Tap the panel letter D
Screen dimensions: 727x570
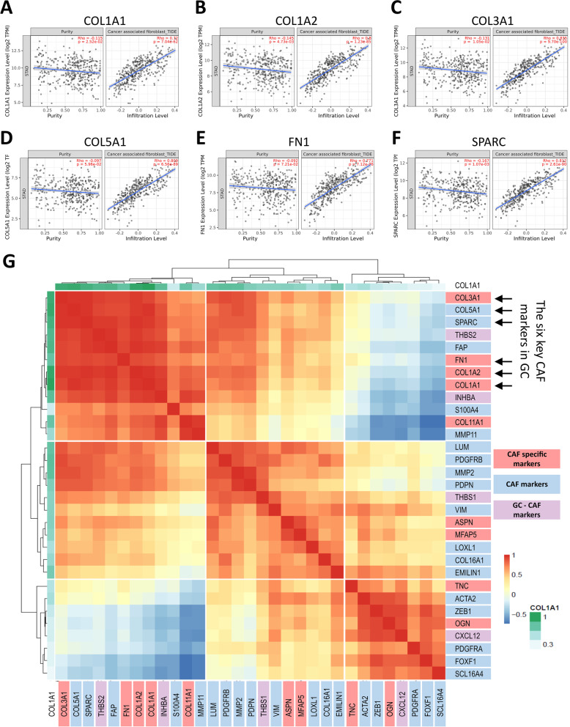10,136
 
